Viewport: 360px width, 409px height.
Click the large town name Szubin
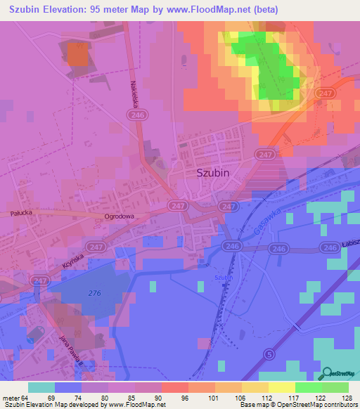(x=214, y=171)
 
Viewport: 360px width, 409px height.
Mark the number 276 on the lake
(x=95, y=293)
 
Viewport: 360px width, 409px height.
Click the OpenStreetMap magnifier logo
(x=327, y=373)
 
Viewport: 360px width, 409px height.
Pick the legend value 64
(x=27, y=398)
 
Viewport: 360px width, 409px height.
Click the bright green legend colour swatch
(x=309, y=387)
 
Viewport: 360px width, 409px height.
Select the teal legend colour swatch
(x=41, y=387)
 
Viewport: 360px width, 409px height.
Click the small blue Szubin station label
(x=224, y=278)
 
